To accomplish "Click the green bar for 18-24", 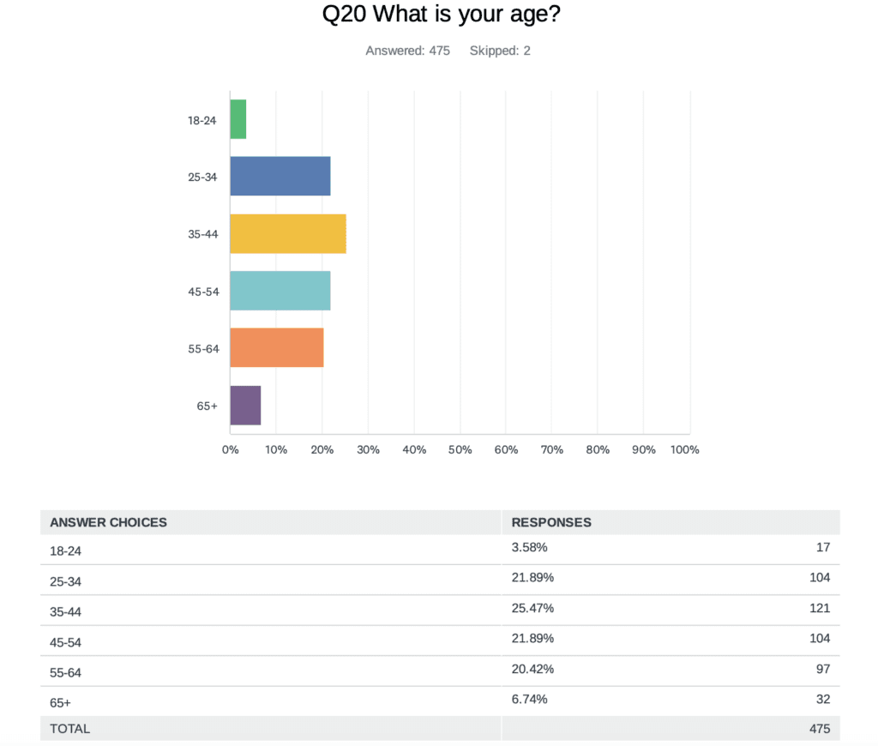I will point(238,120).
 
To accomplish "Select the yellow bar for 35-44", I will point(288,234).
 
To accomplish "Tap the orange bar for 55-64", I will point(277,347).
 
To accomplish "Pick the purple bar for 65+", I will point(245,405).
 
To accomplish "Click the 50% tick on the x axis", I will point(460,450).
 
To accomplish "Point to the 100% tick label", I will point(685,450).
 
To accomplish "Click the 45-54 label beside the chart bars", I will point(203,292).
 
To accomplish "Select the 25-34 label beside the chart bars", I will point(203,177).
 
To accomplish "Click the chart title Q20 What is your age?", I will point(439,15).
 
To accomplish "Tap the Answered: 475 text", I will point(407,51).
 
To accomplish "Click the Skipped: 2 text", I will point(500,51).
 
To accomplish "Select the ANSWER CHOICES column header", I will point(108,522).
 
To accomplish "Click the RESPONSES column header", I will point(551,522).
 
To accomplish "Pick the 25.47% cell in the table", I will point(532,608).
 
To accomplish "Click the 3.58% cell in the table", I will point(529,547).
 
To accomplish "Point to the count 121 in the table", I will point(820,608).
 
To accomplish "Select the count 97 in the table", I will point(823,669).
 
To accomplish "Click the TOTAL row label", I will point(69,729).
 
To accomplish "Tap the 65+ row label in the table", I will point(60,702).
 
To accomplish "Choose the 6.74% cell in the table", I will point(529,699).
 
